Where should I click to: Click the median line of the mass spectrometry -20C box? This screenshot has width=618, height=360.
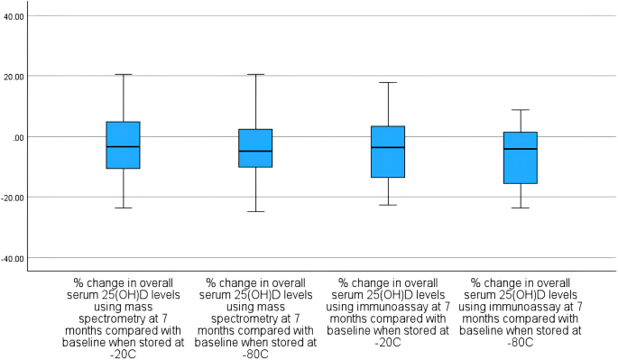(123, 146)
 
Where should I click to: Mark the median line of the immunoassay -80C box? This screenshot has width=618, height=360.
(521, 149)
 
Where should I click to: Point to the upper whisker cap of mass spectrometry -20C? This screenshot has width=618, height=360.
(123, 74)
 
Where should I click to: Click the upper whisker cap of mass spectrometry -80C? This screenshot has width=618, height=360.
(255, 74)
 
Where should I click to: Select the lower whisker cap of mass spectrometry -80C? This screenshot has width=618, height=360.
(255, 211)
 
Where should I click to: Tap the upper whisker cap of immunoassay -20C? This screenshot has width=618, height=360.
(388, 82)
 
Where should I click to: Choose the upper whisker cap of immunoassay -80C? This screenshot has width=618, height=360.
(521, 110)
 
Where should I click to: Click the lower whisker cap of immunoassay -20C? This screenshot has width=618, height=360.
(388, 205)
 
